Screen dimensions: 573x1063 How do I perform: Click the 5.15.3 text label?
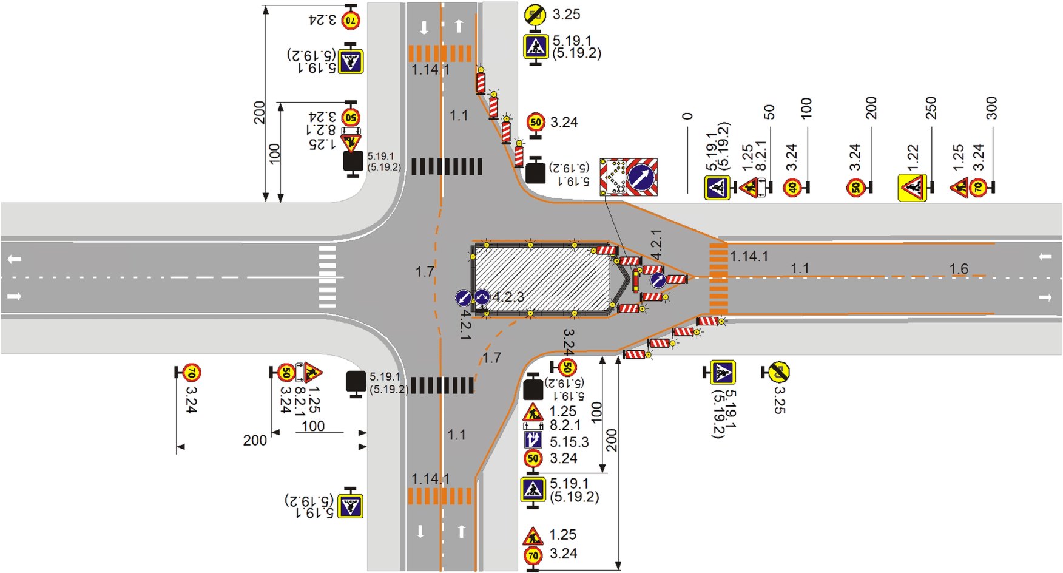tap(569, 442)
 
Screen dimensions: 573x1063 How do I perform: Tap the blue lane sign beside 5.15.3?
tap(533, 440)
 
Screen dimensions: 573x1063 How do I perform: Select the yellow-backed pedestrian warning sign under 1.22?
tap(912, 188)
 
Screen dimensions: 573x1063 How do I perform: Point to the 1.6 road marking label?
tap(958, 268)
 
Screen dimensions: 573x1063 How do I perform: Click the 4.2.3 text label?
tap(508, 297)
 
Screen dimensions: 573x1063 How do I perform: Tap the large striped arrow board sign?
tap(629, 177)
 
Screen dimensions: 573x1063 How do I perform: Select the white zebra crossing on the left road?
tap(327, 277)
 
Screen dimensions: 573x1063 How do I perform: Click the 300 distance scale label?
tap(991, 108)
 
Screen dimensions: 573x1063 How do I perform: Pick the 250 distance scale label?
tap(931, 108)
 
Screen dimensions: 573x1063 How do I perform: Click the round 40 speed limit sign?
tap(792, 188)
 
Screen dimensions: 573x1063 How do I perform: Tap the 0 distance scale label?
tap(687, 116)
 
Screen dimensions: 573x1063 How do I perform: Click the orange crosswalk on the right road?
tap(718, 279)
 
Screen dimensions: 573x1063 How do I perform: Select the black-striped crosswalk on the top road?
tap(447, 166)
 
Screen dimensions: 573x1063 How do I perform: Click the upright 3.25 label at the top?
tap(566, 14)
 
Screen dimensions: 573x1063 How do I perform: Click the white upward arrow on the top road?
tap(459, 26)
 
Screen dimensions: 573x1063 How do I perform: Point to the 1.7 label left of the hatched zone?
tap(424, 271)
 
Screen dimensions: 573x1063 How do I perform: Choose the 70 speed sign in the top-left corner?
tap(351, 20)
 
